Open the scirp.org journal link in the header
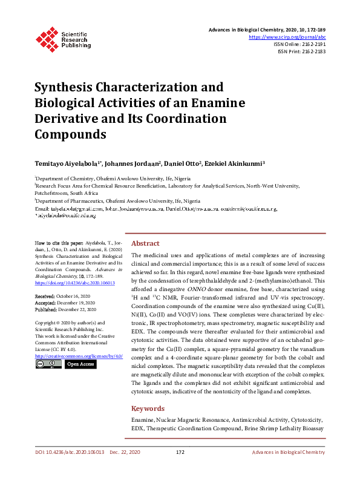[287, 37]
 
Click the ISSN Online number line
[300, 44]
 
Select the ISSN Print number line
[301, 52]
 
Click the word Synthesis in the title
[68, 87]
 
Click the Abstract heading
[145, 243]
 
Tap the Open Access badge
[80, 364]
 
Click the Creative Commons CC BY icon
[48, 364]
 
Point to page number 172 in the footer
[180, 452]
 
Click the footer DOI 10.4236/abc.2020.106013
[70, 452]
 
